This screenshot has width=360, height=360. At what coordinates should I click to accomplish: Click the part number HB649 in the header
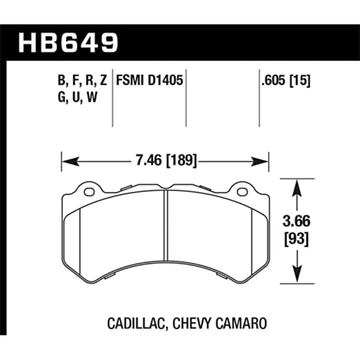68,42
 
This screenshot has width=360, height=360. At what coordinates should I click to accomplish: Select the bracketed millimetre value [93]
296,239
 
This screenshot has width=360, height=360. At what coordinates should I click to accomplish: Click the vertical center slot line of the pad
166,234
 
